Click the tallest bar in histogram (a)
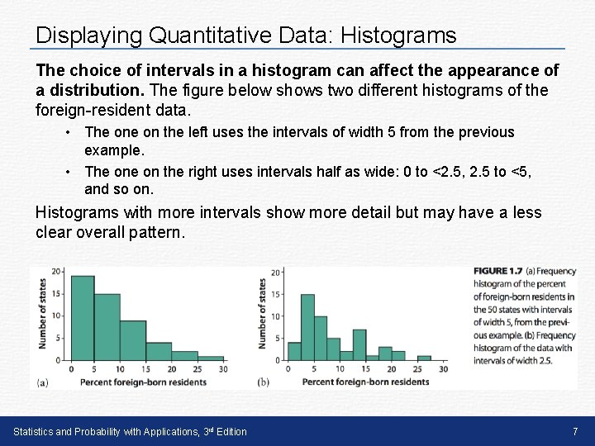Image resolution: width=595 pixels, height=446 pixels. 82,318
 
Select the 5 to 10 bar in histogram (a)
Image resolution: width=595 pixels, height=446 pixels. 107,327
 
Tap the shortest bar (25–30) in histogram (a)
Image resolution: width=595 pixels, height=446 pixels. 210,358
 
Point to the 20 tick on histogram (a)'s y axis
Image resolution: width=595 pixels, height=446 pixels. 57,272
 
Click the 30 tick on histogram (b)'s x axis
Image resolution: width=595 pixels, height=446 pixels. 444,368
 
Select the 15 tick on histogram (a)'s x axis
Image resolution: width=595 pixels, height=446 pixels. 145,368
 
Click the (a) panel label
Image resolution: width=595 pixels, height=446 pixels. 42,382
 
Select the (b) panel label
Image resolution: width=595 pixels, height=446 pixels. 264,382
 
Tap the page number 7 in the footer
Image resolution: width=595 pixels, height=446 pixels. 574,431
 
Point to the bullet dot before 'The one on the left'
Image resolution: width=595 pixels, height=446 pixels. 74,132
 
